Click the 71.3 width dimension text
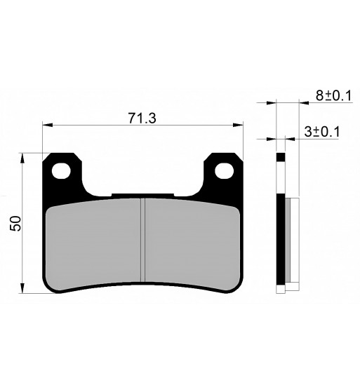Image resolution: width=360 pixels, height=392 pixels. (142, 118)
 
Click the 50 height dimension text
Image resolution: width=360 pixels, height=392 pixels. (15, 223)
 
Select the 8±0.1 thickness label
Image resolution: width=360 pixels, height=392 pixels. (333, 95)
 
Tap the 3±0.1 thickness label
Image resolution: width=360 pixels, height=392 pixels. (322, 132)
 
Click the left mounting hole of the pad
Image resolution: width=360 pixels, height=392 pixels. (61, 170)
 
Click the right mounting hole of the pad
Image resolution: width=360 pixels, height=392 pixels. (224, 170)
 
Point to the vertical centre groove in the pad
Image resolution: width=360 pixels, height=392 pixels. (142, 240)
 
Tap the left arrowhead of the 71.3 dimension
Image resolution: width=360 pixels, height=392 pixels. (48, 125)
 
